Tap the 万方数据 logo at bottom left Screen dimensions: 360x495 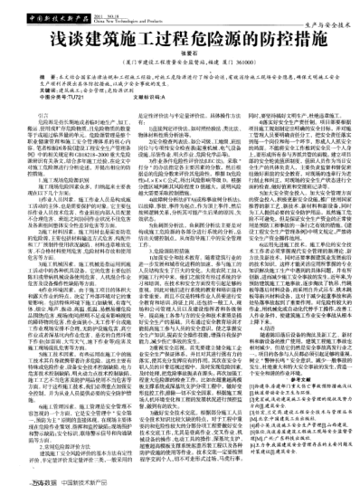(x=42, y=485)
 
